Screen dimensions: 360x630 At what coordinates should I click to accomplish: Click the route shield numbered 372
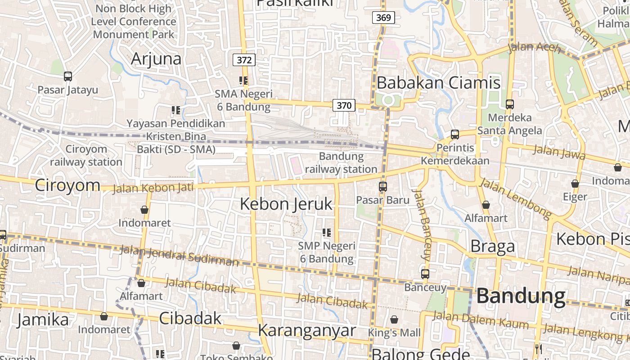244,60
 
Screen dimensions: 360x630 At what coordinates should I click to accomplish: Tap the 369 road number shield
383,18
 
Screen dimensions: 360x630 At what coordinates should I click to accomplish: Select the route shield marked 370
344,105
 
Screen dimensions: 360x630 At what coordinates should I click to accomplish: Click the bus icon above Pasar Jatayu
68,76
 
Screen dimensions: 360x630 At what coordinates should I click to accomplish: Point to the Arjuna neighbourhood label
156,59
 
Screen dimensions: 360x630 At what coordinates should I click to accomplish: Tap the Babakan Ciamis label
438,83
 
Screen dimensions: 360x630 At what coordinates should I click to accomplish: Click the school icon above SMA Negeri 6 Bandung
243,81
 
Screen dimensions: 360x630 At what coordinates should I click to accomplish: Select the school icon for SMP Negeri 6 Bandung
327,233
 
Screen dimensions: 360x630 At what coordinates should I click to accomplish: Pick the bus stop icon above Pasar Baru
383,186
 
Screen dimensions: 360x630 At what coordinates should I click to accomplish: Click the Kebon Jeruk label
286,204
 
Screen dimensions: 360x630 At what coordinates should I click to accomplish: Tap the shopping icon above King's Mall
394,319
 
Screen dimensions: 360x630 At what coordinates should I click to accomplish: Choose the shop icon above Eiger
575,184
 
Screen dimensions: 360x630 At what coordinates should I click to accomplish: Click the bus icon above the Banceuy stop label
425,274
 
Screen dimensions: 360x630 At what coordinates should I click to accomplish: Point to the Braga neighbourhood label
492,246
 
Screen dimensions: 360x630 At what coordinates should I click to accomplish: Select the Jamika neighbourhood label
43,319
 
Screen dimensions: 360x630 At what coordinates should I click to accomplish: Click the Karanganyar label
307,330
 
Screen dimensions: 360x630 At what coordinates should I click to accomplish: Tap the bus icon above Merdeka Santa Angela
510,104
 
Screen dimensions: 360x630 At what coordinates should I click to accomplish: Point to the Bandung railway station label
342,163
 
